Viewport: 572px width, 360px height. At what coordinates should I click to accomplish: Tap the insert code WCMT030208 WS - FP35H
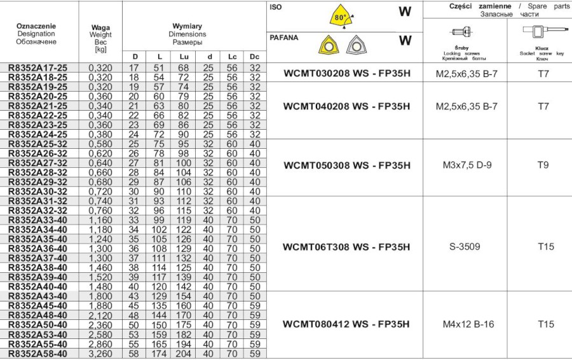(x=347, y=74)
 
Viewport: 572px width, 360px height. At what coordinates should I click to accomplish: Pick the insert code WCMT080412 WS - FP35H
(x=347, y=324)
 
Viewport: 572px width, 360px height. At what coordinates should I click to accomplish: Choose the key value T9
(x=543, y=165)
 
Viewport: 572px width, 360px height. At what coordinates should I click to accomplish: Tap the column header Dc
(x=255, y=57)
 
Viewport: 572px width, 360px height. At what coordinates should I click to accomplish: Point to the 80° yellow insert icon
(x=341, y=17)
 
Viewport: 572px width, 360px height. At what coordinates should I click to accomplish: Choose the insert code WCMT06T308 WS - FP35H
(x=347, y=246)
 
